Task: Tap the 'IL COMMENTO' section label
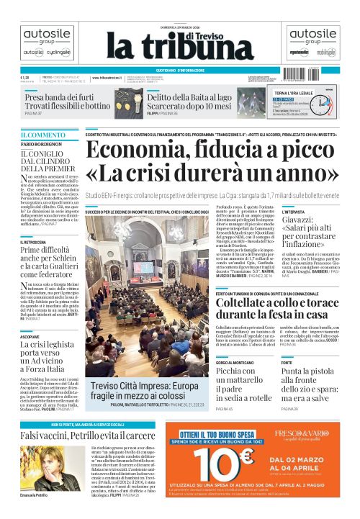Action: (42, 135)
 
